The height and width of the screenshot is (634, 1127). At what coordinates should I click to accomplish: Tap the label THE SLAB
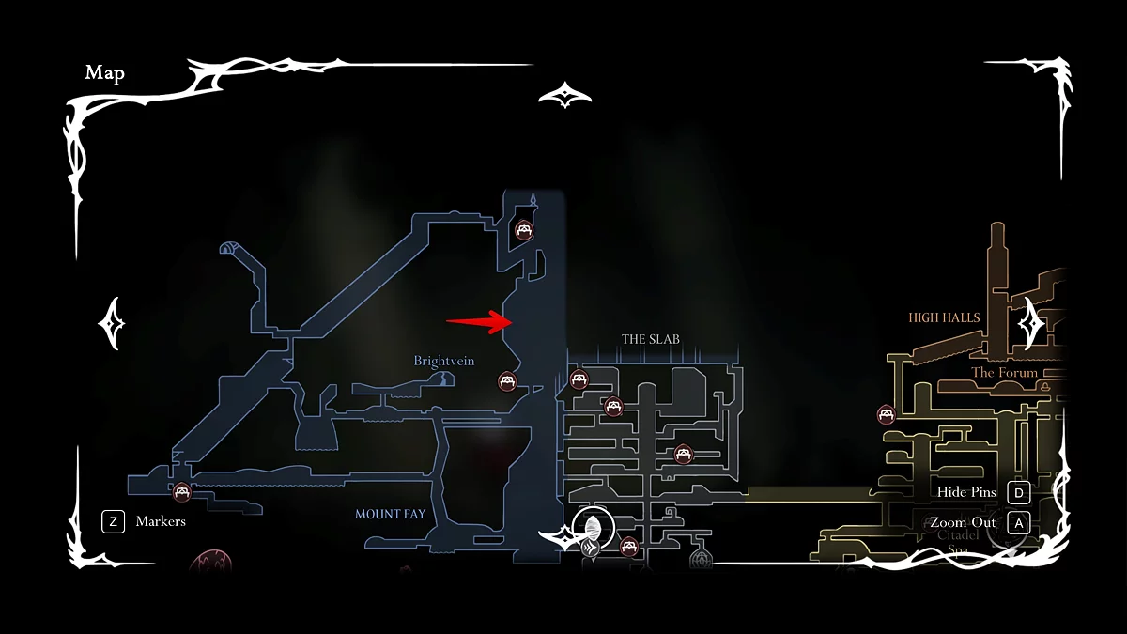point(650,339)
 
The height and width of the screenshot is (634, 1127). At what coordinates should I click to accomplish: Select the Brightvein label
point(444,361)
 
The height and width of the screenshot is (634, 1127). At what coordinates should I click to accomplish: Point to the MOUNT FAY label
point(390,515)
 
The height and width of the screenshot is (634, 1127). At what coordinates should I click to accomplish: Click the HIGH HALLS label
point(944,317)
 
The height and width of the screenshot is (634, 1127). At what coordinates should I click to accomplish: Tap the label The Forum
point(1004,373)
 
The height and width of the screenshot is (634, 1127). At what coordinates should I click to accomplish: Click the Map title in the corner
point(105,73)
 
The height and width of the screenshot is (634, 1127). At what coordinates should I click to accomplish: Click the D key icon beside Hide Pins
point(1017,492)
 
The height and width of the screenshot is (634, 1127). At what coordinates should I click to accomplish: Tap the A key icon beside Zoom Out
point(1017,522)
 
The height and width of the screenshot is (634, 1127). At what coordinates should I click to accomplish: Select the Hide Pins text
point(966,492)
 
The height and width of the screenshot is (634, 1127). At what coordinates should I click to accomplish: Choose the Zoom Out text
point(963,522)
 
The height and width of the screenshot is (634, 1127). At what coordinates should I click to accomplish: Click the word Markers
point(161,521)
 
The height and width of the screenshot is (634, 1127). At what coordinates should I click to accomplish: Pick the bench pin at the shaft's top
point(524,229)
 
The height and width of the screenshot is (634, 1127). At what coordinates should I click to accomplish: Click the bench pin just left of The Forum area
point(885,414)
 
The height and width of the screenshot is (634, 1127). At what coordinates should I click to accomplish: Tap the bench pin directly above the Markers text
point(181,491)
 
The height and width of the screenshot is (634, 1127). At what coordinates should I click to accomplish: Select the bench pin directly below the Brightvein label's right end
point(507,381)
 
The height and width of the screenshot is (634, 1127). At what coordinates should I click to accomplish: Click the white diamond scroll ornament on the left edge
point(112,323)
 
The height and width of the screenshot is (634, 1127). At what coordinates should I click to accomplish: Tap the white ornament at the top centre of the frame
point(564,95)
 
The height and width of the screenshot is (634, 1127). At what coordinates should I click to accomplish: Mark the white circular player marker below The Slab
point(593,524)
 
